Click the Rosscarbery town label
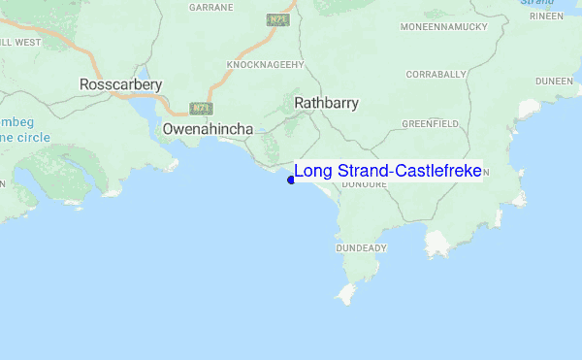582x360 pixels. point(120,85)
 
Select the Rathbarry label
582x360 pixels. point(326,102)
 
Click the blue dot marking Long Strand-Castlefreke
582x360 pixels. point(291,179)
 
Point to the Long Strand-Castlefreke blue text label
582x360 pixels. point(388,171)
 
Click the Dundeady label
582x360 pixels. point(361,248)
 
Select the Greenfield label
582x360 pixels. point(430,124)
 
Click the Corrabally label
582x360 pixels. point(436,74)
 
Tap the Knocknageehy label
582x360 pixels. point(266,65)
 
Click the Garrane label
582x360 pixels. point(212,7)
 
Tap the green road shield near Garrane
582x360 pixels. point(275,19)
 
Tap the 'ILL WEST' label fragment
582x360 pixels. point(20,43)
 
